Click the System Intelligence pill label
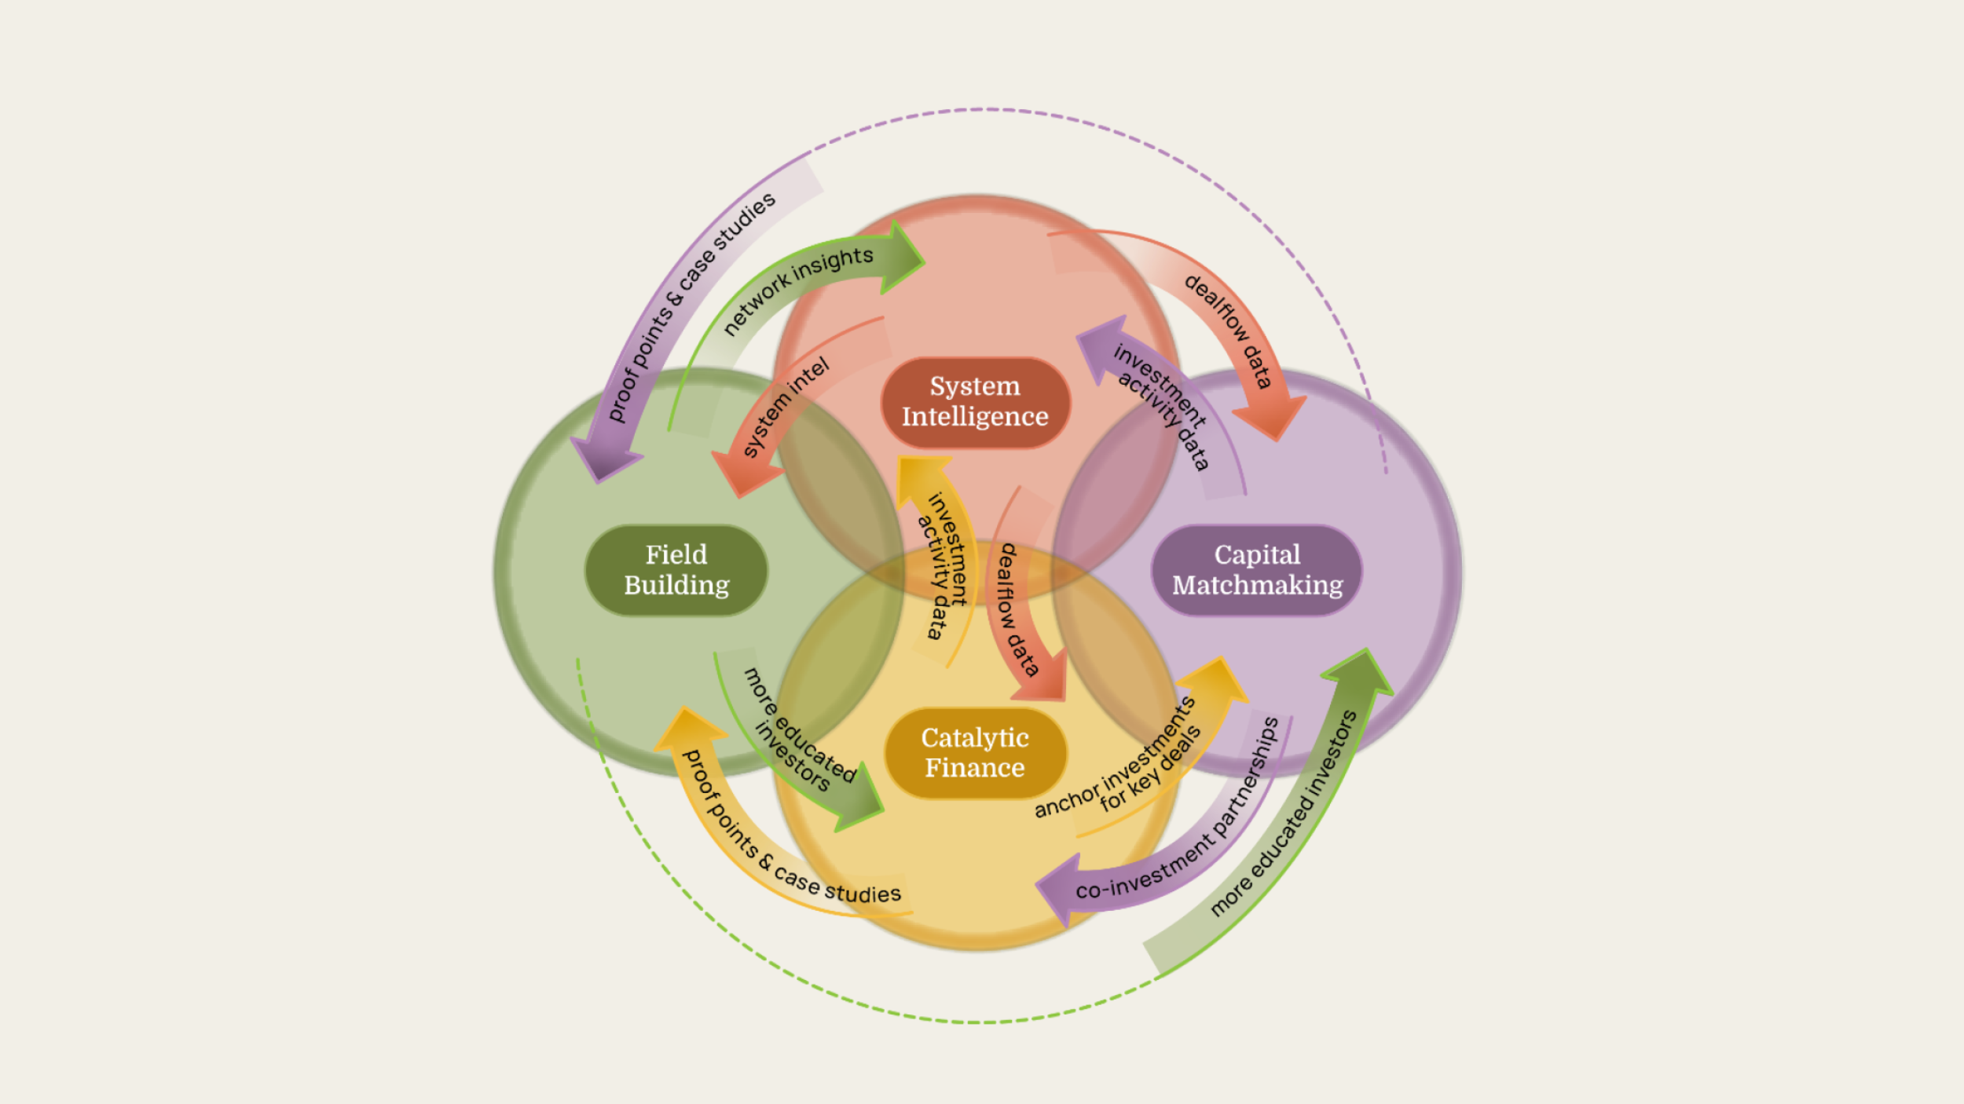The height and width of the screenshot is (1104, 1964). tap(975, 401)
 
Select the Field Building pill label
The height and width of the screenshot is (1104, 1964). tap(676, 570)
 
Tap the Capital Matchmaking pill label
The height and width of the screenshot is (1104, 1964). tap(1257, 570)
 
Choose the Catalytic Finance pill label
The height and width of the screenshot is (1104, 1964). tap(975, 752)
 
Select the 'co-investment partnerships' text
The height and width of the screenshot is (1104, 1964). tap(1178, 817)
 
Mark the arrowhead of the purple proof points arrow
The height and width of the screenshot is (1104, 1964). tap(606, 459)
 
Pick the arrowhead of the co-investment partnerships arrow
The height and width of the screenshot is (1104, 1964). tap(1057, 892)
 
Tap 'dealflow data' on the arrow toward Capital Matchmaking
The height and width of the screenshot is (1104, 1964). tap(1229, 330)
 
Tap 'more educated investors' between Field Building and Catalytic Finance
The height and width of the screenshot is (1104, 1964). tap(797, 731)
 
